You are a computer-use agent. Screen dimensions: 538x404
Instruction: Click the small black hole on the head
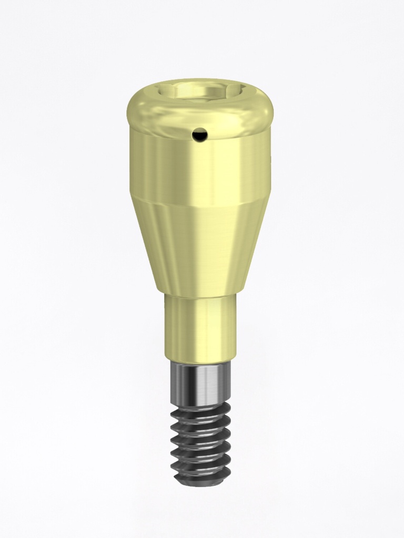point(199,136)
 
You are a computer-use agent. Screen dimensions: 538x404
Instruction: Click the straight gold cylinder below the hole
point(200,168)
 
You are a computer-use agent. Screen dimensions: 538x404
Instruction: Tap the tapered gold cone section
point(200,247)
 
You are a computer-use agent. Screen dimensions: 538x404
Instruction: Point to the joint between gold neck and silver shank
point(200,363)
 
